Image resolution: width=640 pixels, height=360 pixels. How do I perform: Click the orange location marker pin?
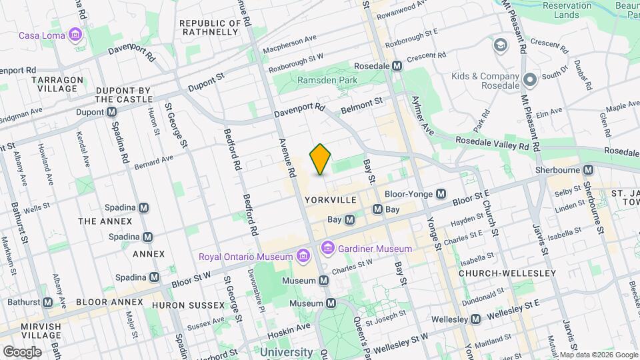tap(321, 159)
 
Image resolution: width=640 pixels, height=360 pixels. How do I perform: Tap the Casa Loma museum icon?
tap(75, 35)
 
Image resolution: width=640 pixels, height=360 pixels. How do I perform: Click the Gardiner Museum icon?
tap(327, 249)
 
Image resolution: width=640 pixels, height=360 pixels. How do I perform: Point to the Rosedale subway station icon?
tap(397, 66)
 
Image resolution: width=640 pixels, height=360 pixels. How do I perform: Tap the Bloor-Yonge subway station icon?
tap(441, 194)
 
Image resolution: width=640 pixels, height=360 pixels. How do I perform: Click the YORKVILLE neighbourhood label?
tap(327, 200)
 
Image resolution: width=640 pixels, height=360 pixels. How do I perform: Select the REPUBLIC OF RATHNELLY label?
tap(209, 27)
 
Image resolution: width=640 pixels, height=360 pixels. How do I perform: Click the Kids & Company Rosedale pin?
tap(531, 80)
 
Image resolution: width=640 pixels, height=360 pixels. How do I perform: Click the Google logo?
tap(22, 351)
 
